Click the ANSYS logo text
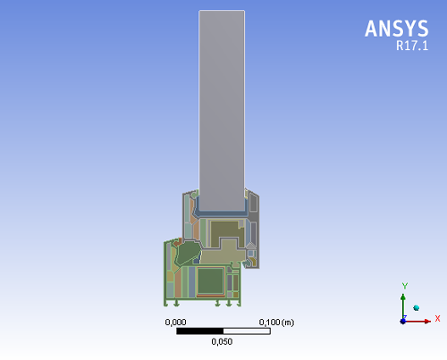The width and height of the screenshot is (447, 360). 397,29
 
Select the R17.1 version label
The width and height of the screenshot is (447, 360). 412,46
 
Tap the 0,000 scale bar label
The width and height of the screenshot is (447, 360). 175,322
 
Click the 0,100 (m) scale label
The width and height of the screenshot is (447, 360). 276,322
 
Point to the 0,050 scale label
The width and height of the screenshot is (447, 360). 222,341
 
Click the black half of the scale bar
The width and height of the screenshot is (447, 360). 200,331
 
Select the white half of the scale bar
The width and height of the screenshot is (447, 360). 247,331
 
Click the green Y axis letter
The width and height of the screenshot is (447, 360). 404,286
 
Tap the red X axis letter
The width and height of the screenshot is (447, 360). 437,319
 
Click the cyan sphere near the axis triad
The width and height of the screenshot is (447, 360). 417,308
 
